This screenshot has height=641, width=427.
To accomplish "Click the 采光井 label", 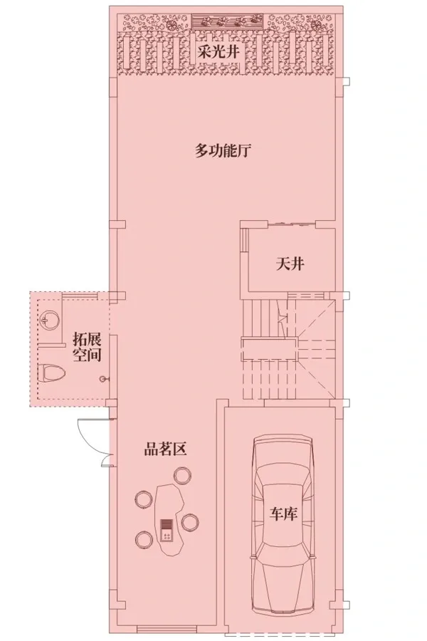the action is (218, 52).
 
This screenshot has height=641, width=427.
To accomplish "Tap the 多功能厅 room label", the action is (222, 151).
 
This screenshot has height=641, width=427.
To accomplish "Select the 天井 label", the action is (290, 264).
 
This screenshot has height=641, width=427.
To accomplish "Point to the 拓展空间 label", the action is (87, 347).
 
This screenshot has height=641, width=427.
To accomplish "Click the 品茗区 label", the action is (165, 449).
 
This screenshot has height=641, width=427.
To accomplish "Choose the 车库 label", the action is (283, 514).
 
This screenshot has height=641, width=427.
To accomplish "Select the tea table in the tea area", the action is (169, 518).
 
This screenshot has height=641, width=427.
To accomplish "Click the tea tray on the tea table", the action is (167, 530).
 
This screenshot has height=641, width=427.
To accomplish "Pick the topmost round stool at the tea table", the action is (182, 476).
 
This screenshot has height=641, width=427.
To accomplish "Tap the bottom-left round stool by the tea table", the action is (144, 539).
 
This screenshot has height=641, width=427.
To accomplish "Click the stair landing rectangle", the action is (269, 349).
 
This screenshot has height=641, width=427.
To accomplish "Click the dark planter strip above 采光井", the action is (227, 20).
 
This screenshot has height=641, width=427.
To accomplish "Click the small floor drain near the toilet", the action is (102, 379).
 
